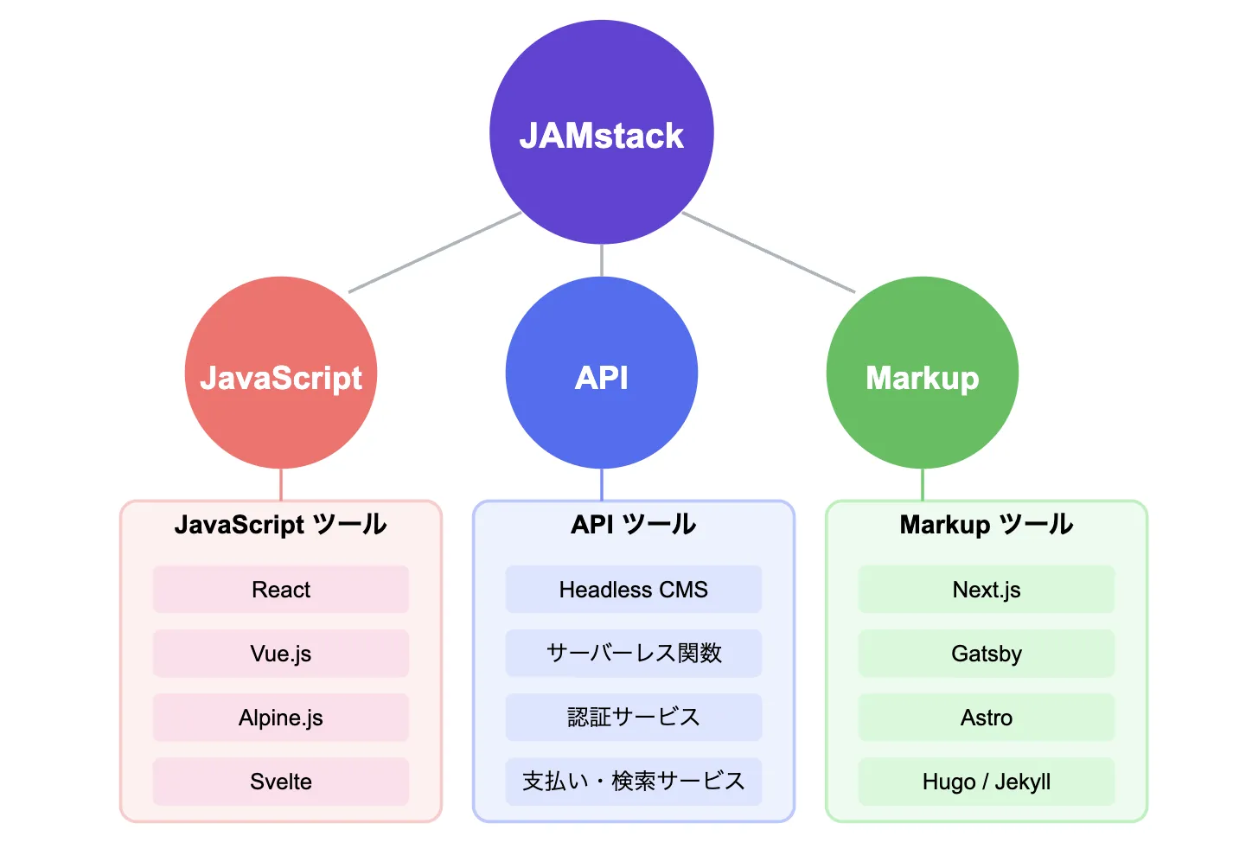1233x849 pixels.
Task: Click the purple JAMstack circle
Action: tap(601, 132)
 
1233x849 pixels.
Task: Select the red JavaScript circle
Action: tap(281, 373)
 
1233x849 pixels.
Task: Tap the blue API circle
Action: tap(601, 373)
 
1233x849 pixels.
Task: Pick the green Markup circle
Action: tap(922, 373)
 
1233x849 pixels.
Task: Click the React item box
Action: tap(281, 590)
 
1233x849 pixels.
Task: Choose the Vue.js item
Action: tap(281, 654)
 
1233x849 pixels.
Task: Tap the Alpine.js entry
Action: tap(281, 718)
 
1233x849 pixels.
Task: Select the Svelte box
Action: tap(281, 782)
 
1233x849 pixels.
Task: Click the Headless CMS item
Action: tap(633, 590)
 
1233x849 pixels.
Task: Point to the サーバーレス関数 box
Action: tap(633, 654)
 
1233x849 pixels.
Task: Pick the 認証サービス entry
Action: tap(633, 718)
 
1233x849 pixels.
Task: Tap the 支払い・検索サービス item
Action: tap(633, 782)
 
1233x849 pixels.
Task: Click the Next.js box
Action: tap(986, 590)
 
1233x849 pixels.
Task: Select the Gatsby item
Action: tap(986, 654)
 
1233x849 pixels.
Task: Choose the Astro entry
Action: tap(986, 718)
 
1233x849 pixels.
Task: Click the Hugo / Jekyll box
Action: tap(986, 782)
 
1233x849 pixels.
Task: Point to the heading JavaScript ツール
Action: tap(281, 525)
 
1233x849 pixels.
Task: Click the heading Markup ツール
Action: tap(986, 525)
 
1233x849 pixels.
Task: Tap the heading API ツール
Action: tap(633, 525)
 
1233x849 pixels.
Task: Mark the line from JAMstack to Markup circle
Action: tap(769, 252)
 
